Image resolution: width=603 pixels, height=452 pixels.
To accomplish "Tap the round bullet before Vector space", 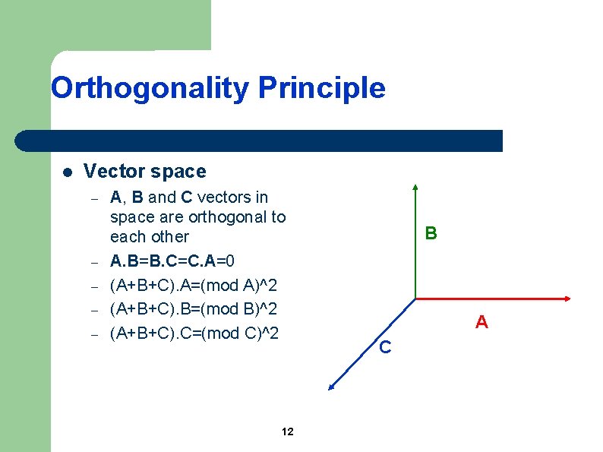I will pos(67,172).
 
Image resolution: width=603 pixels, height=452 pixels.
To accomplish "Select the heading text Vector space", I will pos(144,172).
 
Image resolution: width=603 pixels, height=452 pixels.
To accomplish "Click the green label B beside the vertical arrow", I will pos(431,233).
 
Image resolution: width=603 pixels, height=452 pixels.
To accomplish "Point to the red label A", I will pos(481,323).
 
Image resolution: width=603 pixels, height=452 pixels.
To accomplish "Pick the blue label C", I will pos(385,348).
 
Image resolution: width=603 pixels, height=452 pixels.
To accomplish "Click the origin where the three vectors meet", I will pos(415,298).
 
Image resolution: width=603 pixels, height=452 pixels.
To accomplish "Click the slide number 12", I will pos(287,432).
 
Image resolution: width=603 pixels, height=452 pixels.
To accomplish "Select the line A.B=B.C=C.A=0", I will pos(178,262).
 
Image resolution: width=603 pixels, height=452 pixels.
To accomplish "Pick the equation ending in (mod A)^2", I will pos(194,286).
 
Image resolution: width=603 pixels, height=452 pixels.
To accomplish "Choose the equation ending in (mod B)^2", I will pos(194,309).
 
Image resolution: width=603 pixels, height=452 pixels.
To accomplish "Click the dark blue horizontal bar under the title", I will pos(258,141).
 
